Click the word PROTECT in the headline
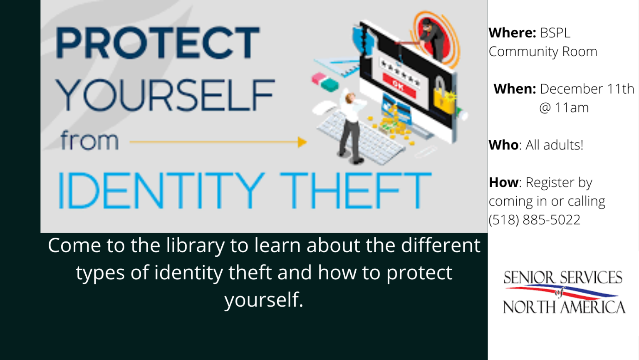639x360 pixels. click(158, 42)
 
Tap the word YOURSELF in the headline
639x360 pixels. click(165, 95)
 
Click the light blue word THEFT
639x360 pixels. click(356, 190)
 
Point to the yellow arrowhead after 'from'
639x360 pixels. click(302, 142)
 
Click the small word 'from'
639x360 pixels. click(89, 141)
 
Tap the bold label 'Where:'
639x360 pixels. click(512, 33)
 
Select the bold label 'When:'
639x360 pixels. click(515, 89)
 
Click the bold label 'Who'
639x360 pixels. click(503, 145)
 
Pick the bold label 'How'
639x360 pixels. click(503, 183)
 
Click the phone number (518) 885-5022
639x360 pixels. click(535, 220)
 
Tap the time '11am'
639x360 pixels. click(572, 108)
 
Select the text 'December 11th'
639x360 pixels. click(587, 89)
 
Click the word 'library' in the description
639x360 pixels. click(195, 246)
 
